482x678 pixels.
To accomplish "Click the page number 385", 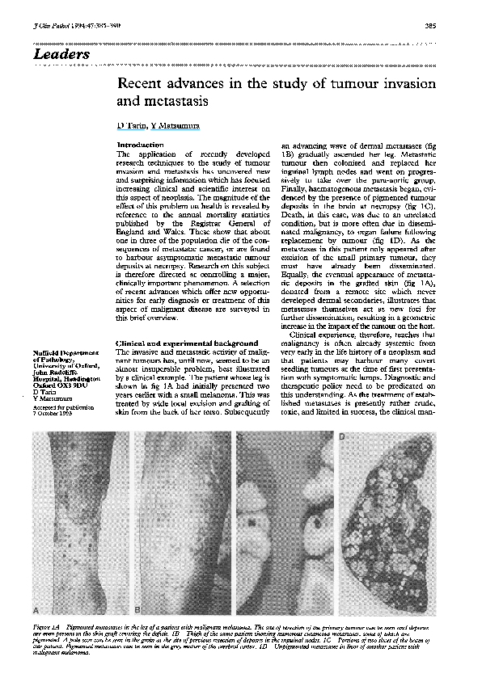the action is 430,26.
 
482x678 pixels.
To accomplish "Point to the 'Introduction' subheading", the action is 141,145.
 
